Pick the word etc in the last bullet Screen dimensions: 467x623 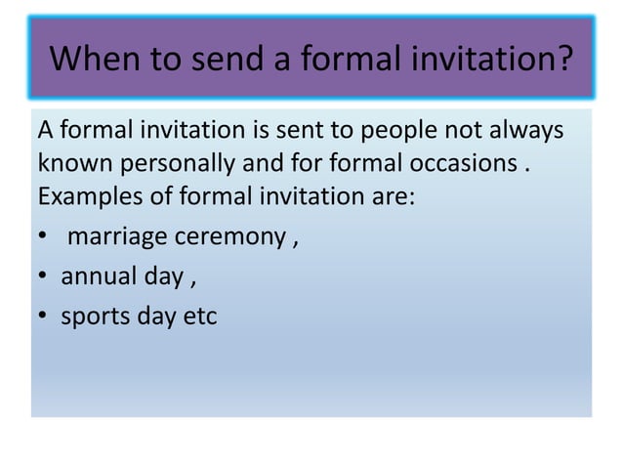(x=199, y=318)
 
